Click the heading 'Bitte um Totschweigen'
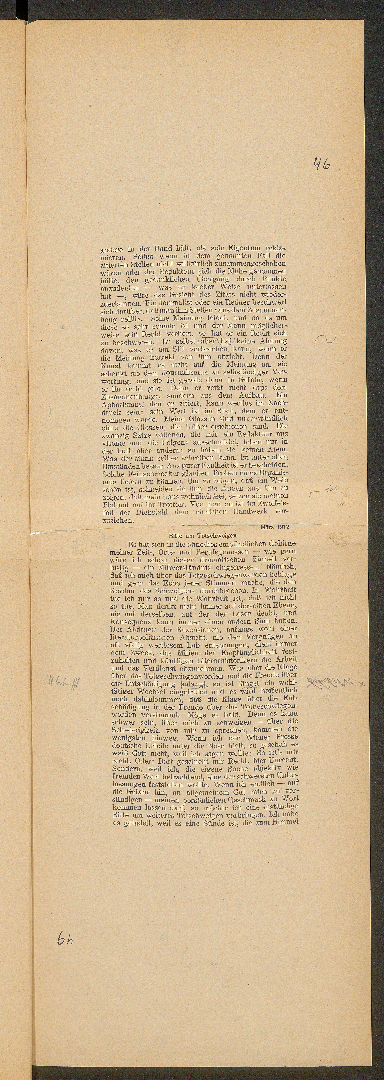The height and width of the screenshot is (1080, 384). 202,535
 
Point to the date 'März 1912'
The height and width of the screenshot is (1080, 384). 275,527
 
